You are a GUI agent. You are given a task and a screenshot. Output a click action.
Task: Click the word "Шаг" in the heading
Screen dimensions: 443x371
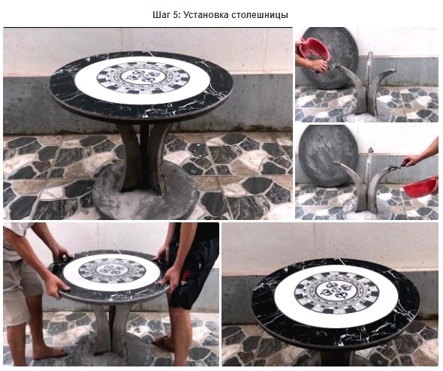pos(161,15)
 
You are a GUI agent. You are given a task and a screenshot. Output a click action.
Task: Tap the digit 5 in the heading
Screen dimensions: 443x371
pos(176,15)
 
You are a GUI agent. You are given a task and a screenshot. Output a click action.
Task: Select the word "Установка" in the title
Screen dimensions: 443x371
pos(206,15)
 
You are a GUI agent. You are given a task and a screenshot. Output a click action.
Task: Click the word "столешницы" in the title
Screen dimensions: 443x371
pos(260,15)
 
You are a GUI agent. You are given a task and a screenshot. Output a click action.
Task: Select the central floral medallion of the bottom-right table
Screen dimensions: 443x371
pos(335,292)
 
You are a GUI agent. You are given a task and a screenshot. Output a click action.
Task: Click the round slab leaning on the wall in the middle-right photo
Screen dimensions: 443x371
pos(327,156)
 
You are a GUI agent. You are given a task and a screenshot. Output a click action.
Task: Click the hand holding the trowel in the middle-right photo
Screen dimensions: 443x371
pos(411,161)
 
